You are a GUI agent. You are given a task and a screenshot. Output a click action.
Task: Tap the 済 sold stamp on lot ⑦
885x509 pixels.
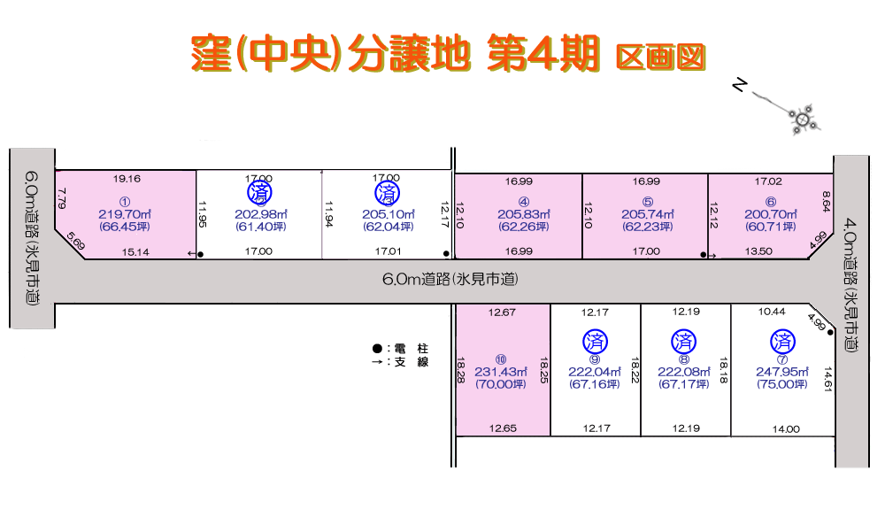tap(782, 340)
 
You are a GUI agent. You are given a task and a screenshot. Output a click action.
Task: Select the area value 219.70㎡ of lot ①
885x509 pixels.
tap(126, 214)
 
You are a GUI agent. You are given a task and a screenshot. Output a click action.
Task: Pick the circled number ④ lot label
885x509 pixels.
tap(524, 201)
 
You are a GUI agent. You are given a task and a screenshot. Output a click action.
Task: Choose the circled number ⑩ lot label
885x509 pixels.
tap(501, 359)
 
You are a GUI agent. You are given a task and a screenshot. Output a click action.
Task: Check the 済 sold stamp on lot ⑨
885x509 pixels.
tap(595, 340)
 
